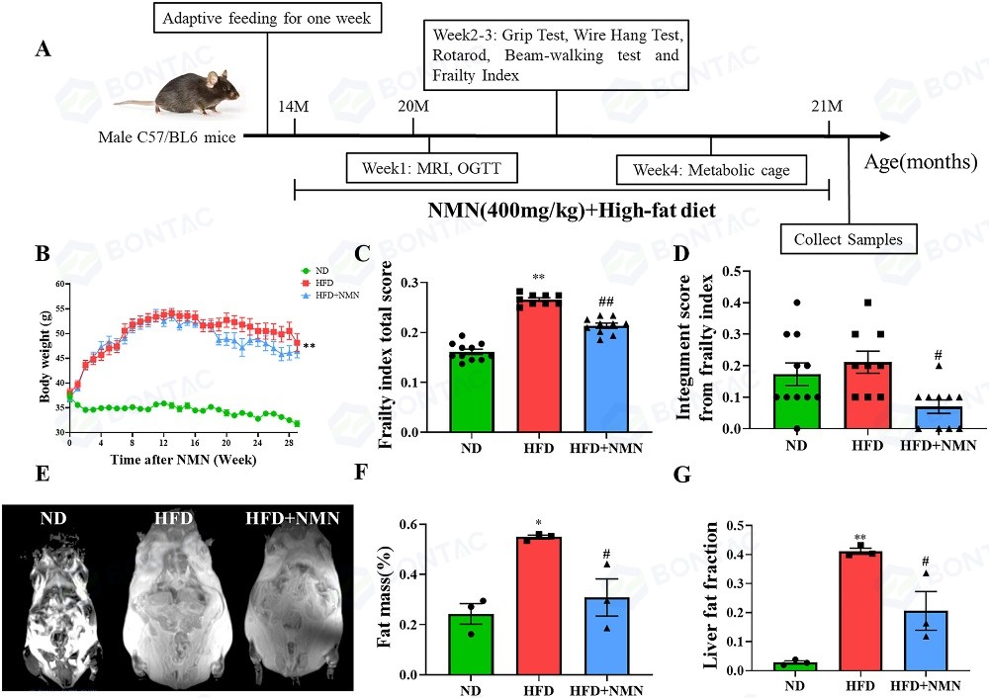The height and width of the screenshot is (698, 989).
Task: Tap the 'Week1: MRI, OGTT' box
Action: pyautogui.click(x=432, y=170)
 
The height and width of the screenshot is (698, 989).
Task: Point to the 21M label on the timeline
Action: pyautogui.click(x=827, y=106)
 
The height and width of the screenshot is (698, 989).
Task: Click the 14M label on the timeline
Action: pyautogui.click(x=295, y=106)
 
